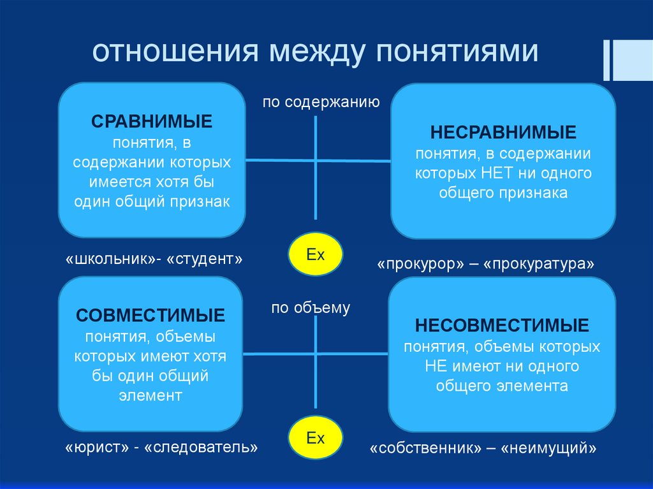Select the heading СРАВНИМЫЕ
(151, 121)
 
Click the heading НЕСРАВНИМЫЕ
(503, 133)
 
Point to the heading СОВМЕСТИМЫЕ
(150, 315)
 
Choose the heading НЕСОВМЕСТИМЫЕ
(502, 326)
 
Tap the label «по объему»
(311, 308)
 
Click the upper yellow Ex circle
(316, 254)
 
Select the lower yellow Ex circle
(316, 437)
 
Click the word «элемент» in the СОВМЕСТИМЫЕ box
(150, 395)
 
